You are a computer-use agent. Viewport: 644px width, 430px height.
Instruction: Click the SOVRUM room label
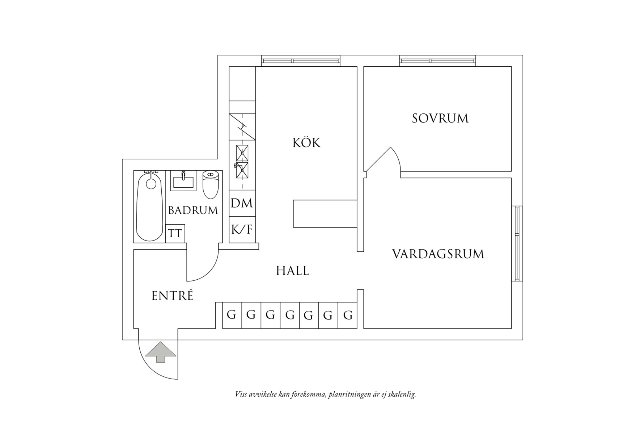440,118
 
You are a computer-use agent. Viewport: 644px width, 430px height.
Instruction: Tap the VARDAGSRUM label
438,254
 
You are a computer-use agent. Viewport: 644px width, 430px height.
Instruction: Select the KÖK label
306,142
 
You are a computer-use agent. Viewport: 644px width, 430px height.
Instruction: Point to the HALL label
292,271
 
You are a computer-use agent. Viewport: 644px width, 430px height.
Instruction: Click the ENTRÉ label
172,296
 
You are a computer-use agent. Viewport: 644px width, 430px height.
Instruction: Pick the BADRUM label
193,210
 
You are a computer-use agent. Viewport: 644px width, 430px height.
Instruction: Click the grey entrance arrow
161,352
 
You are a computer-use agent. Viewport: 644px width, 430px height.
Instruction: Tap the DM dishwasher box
242,203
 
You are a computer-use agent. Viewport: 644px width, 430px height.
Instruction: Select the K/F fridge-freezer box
242,229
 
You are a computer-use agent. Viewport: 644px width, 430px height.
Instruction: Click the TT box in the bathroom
175,233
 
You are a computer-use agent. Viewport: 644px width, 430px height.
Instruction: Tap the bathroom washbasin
183,181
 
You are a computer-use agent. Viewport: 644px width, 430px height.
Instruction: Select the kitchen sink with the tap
242,171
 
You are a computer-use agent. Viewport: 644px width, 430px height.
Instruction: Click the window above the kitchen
301,61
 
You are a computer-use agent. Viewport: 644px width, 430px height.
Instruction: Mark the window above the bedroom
438,61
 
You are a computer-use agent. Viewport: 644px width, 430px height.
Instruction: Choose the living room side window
517,243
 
